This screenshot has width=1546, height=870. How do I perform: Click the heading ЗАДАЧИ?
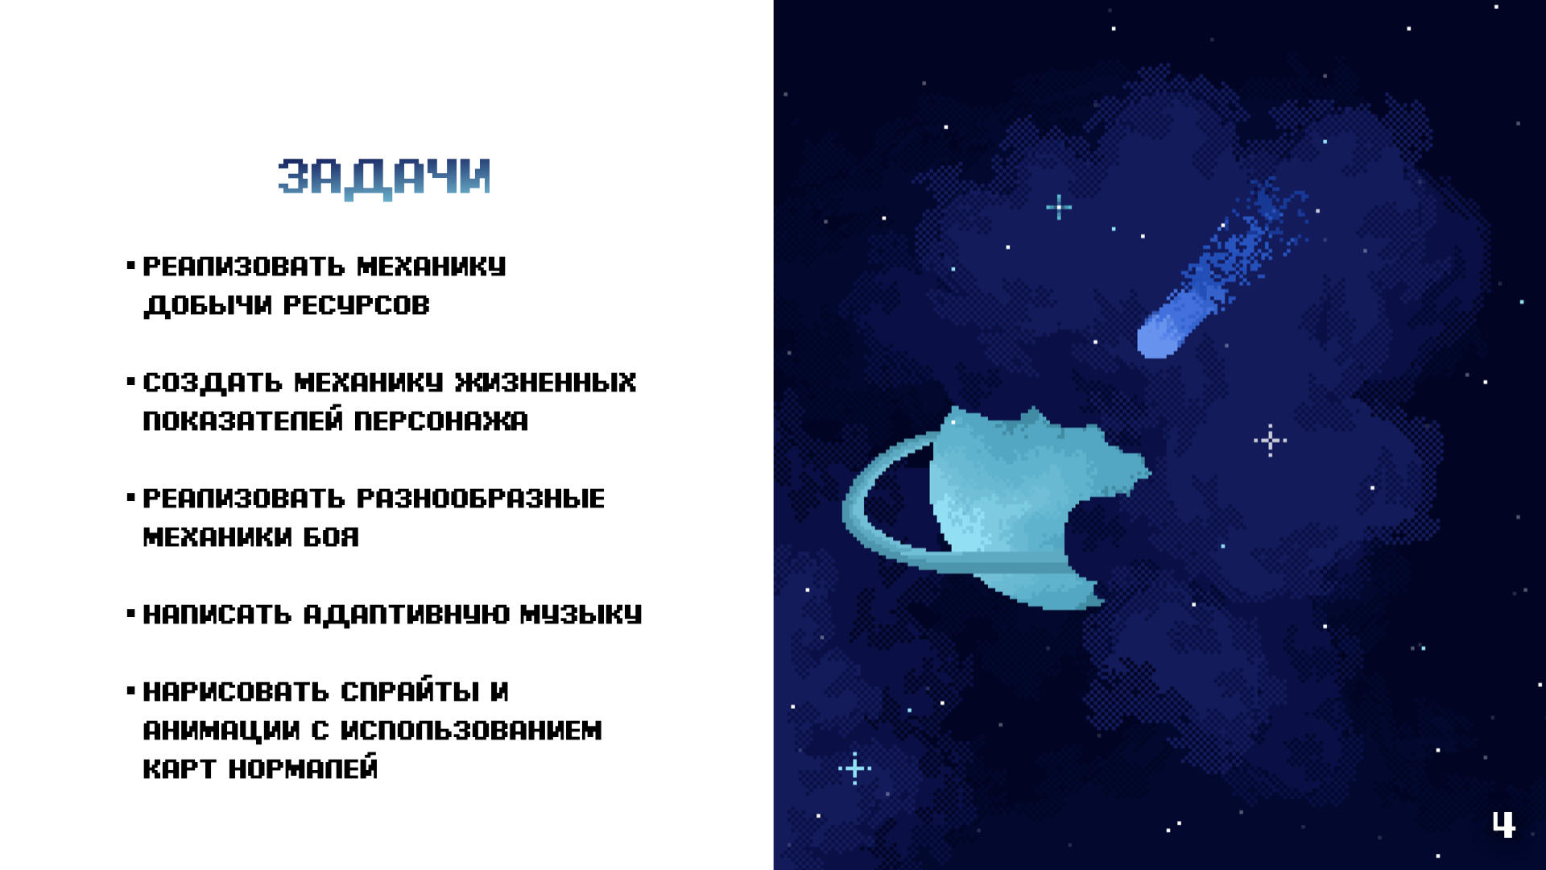384,178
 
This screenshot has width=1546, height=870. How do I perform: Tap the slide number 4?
1503,824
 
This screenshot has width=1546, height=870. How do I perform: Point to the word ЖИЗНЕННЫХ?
545,382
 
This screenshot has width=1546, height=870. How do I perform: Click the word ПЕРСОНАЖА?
440,420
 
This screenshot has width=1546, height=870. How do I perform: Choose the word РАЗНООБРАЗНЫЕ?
480,498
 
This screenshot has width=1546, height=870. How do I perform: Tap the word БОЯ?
331,536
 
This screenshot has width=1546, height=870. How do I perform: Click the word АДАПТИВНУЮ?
406,615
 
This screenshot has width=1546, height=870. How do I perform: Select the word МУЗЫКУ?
581,614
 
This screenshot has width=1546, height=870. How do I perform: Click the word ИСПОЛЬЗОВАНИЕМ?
471,730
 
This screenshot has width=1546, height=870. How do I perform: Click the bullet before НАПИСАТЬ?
130,614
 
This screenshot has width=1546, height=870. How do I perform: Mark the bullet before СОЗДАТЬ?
130,382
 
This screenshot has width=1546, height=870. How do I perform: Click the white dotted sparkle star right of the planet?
1270,441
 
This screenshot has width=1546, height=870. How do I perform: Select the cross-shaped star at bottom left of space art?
854,768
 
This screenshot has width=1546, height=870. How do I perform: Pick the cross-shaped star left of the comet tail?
1059,207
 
